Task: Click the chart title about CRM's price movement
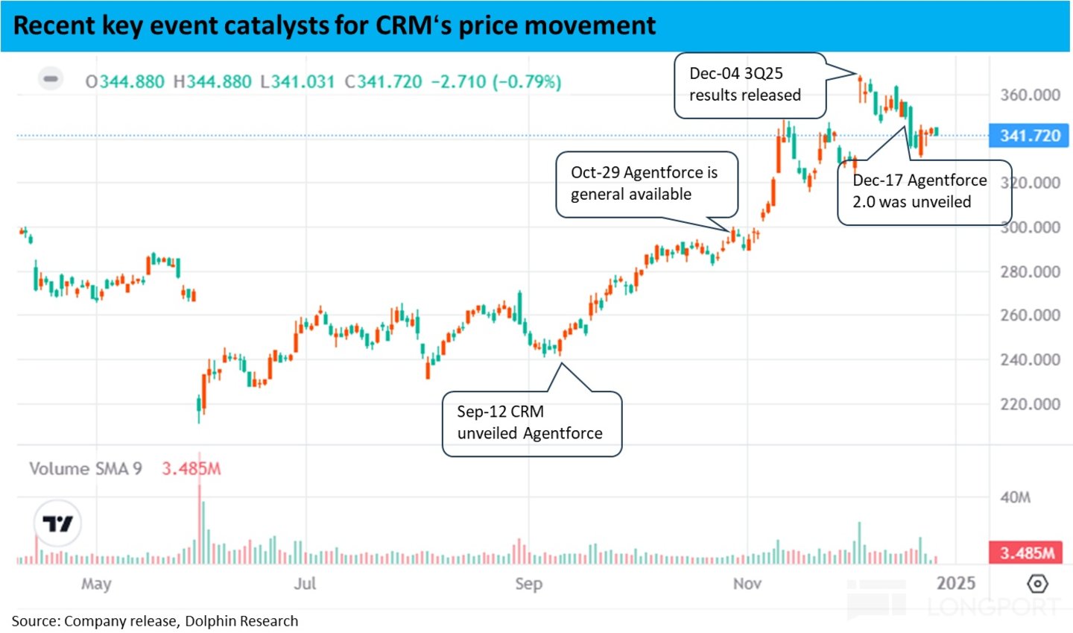[335, 25]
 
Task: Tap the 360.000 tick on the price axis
[1030, 95]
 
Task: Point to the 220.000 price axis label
[1030, 404]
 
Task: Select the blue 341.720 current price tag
[1029, 136]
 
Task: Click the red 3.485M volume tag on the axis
[1027, 552]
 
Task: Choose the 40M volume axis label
[1016, 497]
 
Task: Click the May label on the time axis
[96, 584]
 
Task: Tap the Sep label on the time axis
[528, 584]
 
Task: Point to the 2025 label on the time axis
[956, 584]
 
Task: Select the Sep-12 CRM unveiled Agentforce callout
[532, 423]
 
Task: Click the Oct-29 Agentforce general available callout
[647, 184]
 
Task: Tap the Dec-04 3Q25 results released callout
[750, 85]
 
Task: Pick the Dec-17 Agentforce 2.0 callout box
[924, 192]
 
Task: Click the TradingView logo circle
[57, 524]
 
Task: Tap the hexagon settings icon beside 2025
[1037, 584]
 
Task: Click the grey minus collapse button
[51, 78]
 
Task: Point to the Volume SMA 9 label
[85, 469]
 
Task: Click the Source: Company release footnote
[155, 621]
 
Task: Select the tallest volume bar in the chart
[200, 522]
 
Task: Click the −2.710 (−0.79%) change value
[496, 81]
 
